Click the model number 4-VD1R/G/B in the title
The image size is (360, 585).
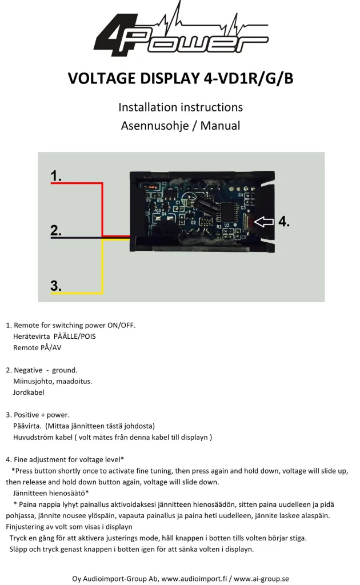click(249, 78)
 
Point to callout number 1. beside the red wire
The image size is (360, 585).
click(56, 176)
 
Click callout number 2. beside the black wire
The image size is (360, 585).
click(55, 230)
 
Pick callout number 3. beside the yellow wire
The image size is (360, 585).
click(55, 286)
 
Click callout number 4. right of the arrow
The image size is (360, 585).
click(284, 222)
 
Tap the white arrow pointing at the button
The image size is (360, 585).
click(264, 222)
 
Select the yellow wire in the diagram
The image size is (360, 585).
click(102, 269)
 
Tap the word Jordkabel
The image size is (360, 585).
click(29, 392)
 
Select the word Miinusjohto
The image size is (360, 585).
click(33, 381)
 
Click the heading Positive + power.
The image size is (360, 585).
click(44, 415)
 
